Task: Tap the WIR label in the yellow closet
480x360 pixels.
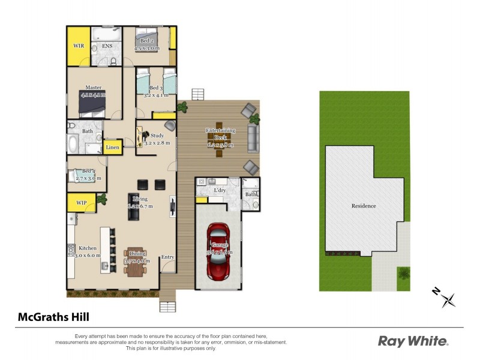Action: [79, 46]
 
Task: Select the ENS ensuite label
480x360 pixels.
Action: [107, 46]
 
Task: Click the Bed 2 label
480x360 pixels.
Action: [146, 41]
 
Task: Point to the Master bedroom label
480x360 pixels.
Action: [92, 88]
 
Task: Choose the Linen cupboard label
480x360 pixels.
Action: [112, 147]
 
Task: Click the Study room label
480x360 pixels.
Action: [157, 136]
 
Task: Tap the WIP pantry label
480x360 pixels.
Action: [81, 203]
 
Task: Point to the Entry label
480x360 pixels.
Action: [167, 257]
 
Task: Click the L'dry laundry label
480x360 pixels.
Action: [220, 191]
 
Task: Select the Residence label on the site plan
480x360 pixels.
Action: [364, 206]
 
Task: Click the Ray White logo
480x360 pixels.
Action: [413, 341]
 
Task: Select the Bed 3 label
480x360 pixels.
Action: [157, 88]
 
